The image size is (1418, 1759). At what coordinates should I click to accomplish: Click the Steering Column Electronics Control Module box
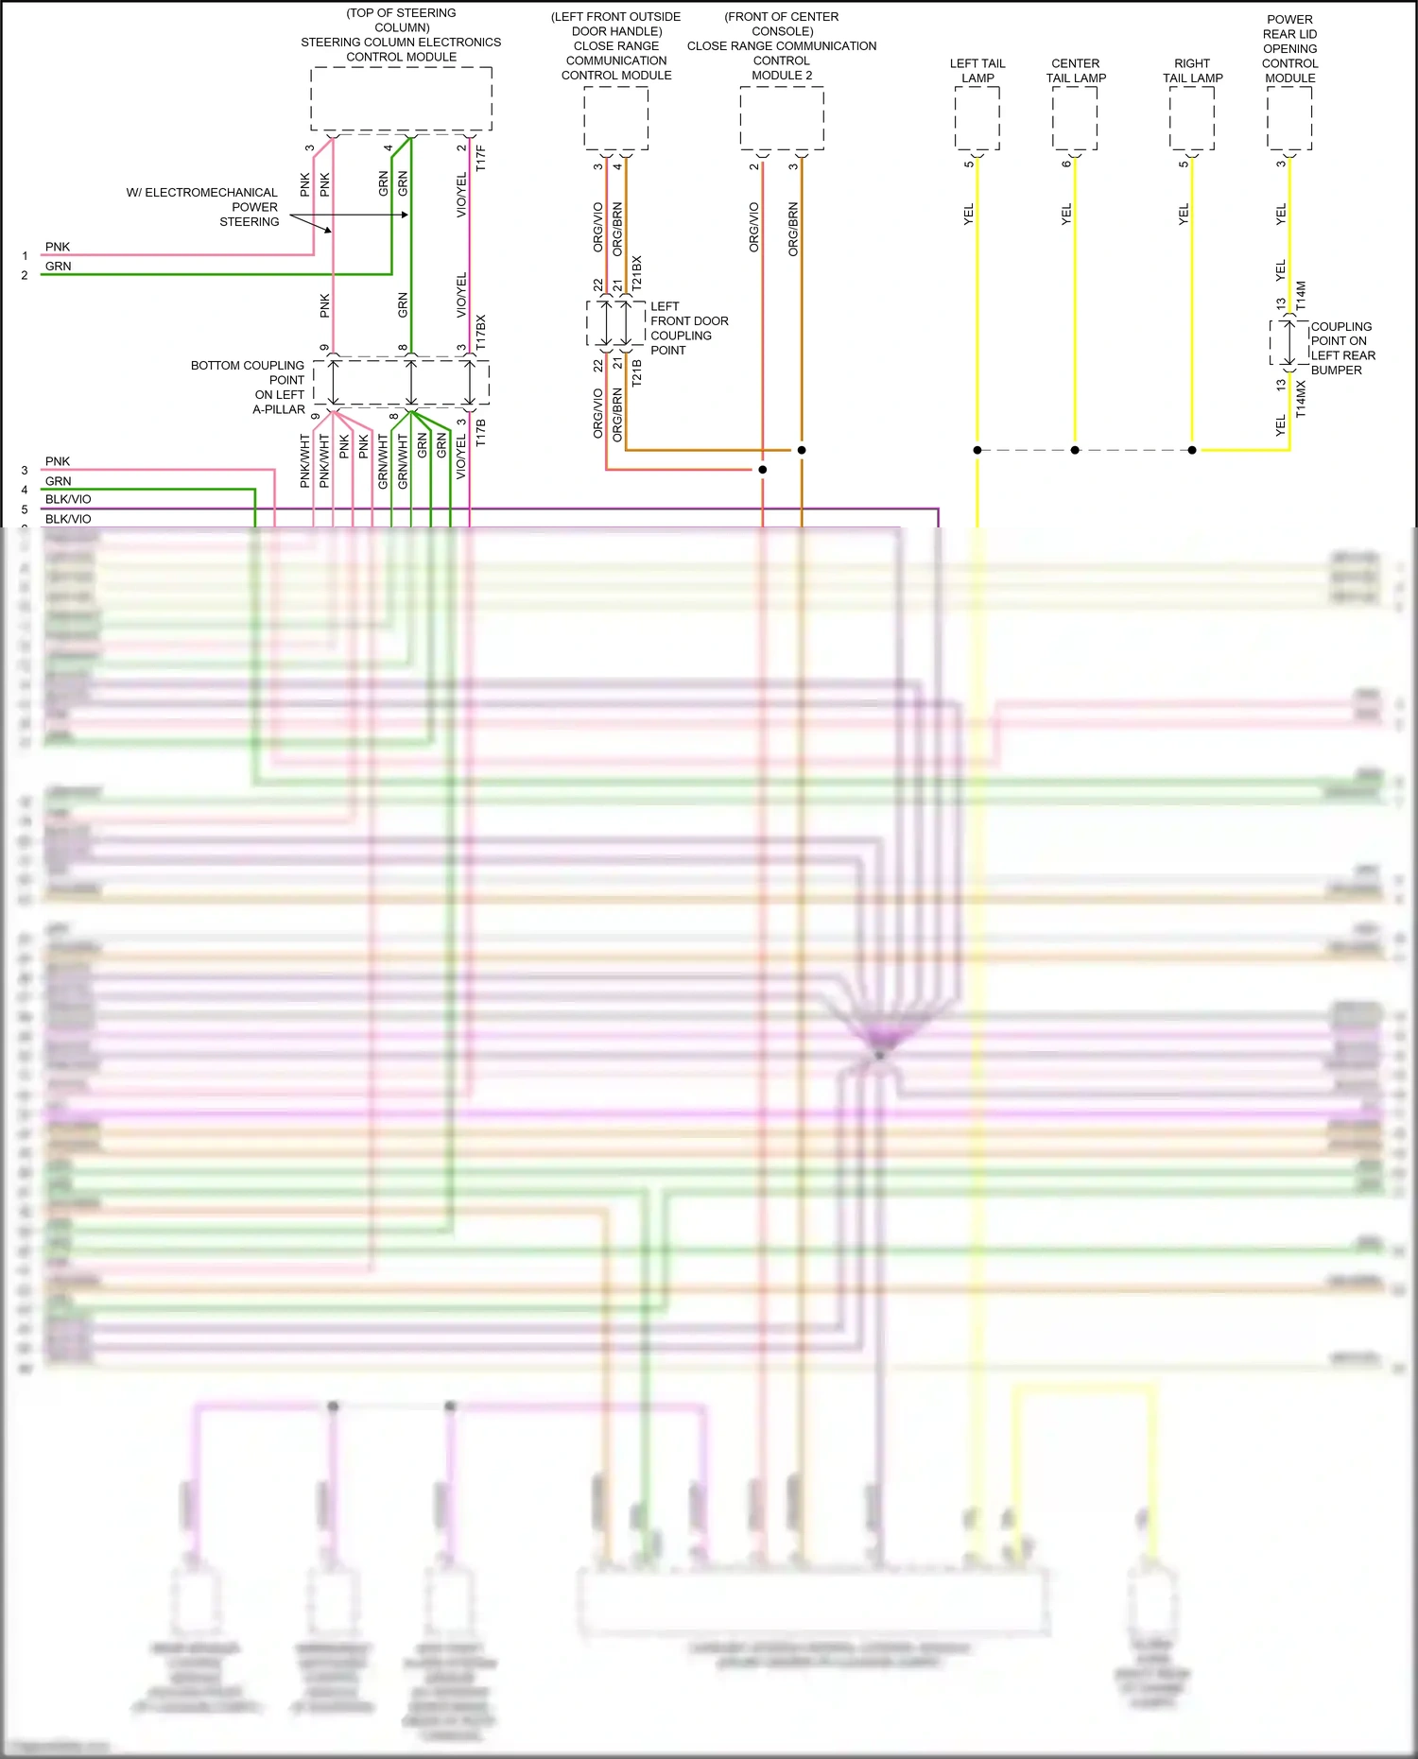401,98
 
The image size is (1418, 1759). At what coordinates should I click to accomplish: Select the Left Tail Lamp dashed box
977,117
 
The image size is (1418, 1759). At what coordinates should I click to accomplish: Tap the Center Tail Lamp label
1076,71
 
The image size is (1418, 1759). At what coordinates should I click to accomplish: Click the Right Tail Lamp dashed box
1191,117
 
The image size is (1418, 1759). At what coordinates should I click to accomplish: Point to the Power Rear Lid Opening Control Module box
1289,117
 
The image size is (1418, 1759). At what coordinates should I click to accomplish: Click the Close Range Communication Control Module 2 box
782,117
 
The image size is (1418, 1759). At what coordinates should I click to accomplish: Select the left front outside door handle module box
615,117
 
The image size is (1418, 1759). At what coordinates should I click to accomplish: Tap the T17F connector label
481,158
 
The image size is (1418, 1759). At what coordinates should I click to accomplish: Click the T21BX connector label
636,271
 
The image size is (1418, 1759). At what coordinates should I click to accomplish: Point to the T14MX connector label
1301,399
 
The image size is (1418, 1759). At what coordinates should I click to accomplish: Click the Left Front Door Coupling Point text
688,328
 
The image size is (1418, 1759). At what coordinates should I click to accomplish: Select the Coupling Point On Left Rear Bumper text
1342,348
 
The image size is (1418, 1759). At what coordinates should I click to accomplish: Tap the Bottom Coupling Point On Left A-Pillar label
249,388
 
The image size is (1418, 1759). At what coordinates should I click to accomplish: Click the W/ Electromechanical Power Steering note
203,207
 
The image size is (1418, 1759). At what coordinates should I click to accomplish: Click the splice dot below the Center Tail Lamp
1075,450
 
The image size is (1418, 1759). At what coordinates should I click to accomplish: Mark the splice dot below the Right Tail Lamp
1192,450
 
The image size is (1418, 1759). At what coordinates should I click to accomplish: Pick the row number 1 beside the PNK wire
25,256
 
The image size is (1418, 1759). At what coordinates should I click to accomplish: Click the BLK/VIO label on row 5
68,519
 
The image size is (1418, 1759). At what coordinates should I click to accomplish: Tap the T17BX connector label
481,333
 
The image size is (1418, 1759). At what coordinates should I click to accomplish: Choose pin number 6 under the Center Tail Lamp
1065,164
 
